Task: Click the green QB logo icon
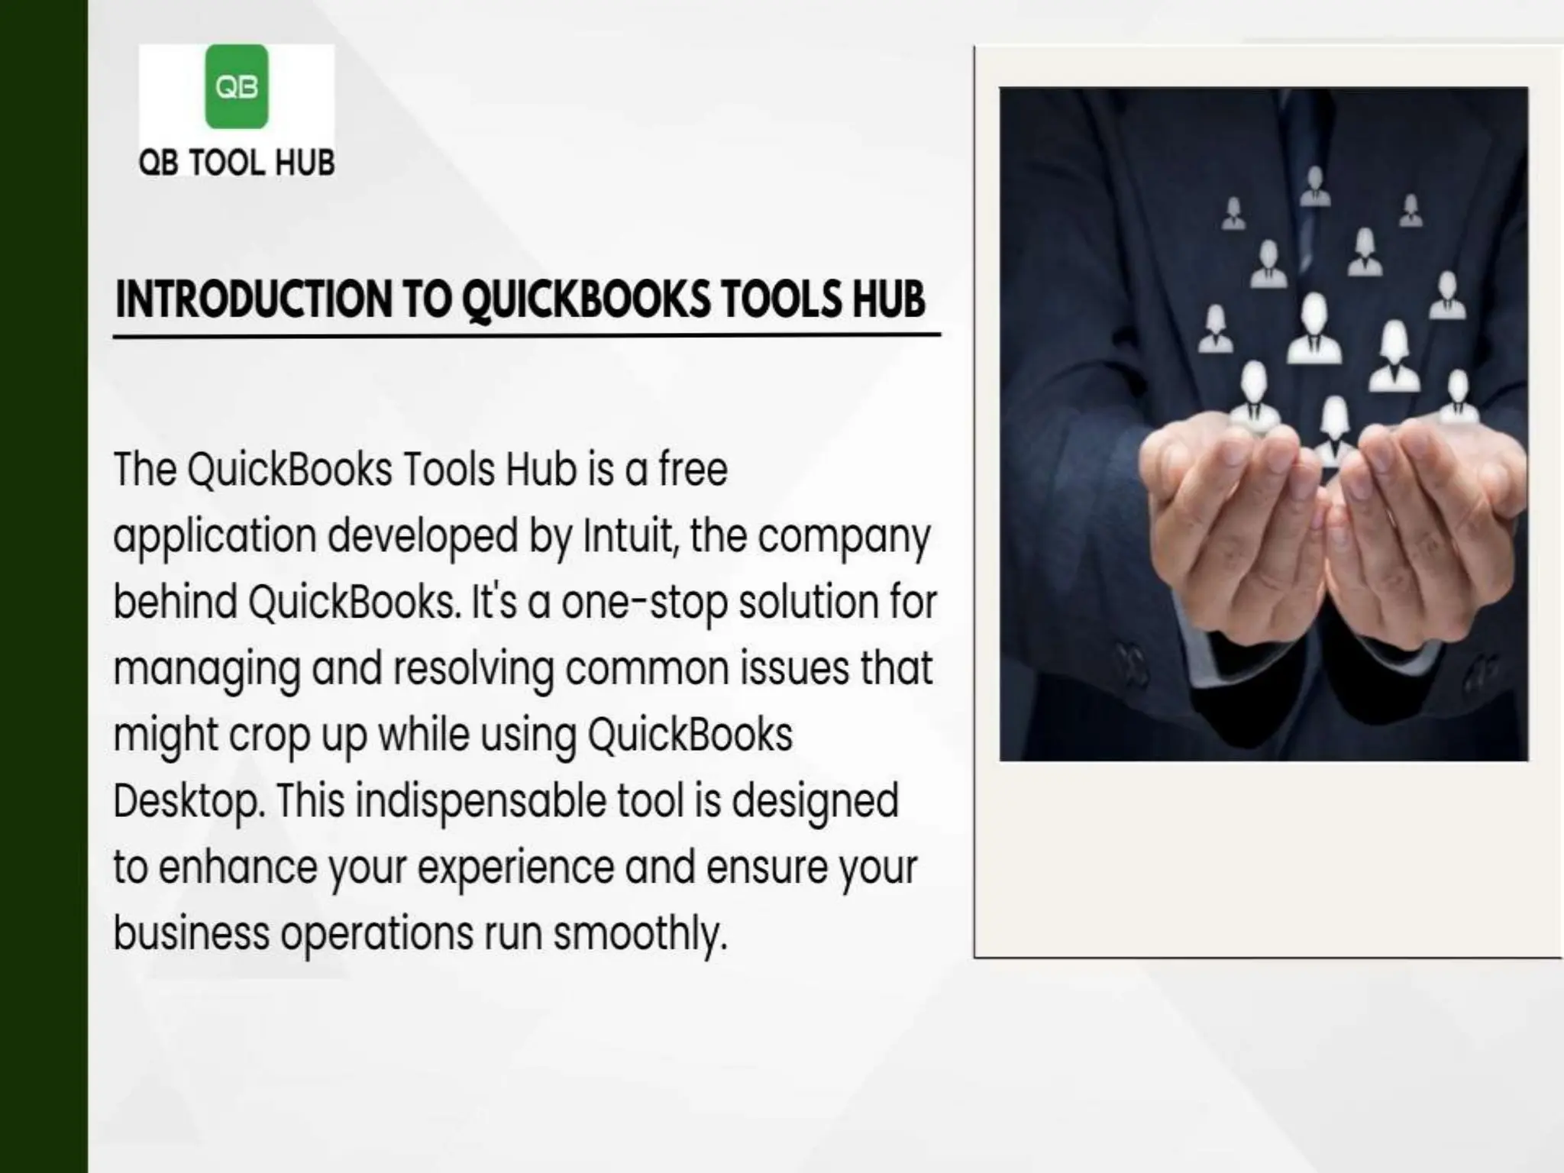pyautogui.click(x=237, y=86)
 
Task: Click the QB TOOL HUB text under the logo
pyautogui.click(x=237, y=163)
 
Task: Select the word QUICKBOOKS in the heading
pyautogui.click(x=586, y=299)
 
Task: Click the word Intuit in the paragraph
pyautogui.click(x=631, y=535)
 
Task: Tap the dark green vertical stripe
pyautogui.click(x=44, y=586)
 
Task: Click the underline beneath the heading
pyautogui.click(x=527, y=334)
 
